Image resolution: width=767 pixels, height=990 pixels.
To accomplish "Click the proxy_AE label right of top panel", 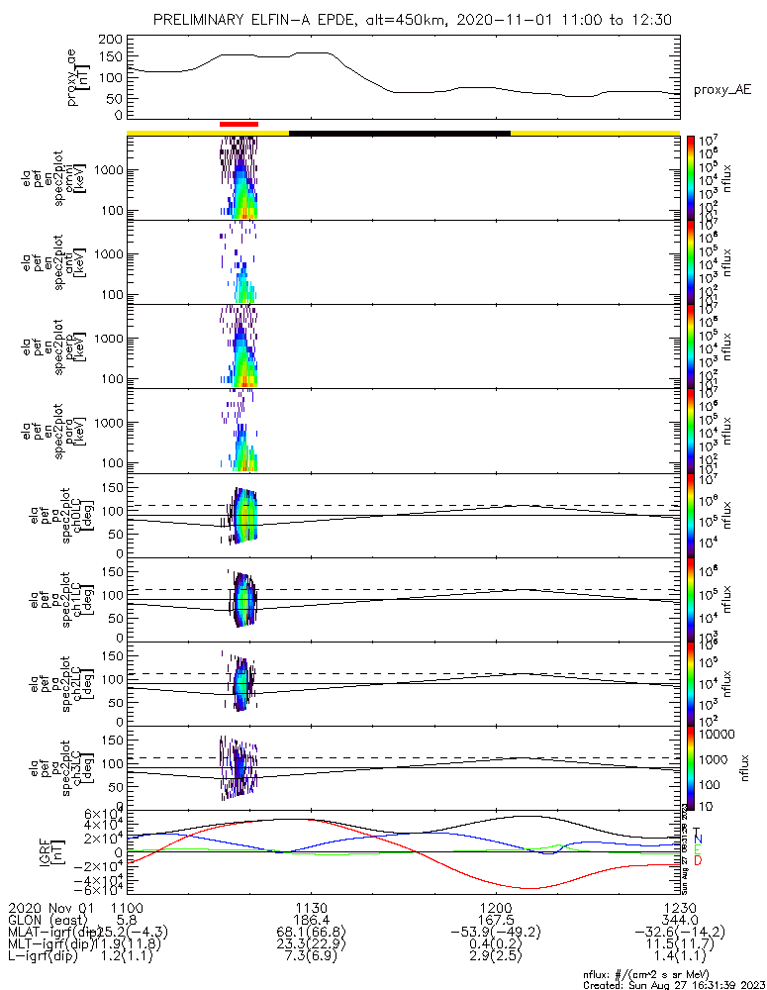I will [x=721, y=89].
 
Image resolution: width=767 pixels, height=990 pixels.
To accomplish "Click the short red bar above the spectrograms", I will [x=239, y=124].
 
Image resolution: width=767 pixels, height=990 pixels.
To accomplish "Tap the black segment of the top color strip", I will [x=399, y=132].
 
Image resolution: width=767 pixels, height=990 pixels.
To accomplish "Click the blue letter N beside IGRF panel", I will [x=698, y=840].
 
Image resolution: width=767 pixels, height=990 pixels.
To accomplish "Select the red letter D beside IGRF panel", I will [x=698, y=861].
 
